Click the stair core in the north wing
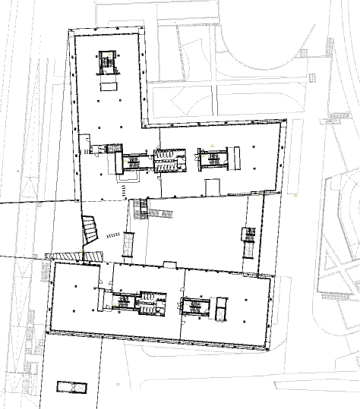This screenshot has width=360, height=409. click(107, 62)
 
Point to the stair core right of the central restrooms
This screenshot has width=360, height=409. click(211, 159)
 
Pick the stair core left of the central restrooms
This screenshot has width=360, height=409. click(137, 162)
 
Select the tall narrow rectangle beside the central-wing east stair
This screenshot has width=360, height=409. click(236, 158)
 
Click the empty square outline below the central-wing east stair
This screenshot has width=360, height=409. click(213, 185)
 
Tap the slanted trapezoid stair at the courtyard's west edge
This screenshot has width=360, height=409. click(90, 231)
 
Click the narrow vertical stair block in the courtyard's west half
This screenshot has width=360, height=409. click(128, 244)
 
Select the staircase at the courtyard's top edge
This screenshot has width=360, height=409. click(139, 209)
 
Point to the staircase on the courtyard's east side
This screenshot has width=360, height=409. click(248, 242)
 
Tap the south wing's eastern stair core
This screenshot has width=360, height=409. click(196, 307)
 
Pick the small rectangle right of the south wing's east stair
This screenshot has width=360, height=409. click(221, 308)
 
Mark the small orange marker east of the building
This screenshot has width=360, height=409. click(295, 196)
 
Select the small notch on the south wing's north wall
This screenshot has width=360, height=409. click(169, 264)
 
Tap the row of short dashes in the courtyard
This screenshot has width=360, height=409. click(112, 235)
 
